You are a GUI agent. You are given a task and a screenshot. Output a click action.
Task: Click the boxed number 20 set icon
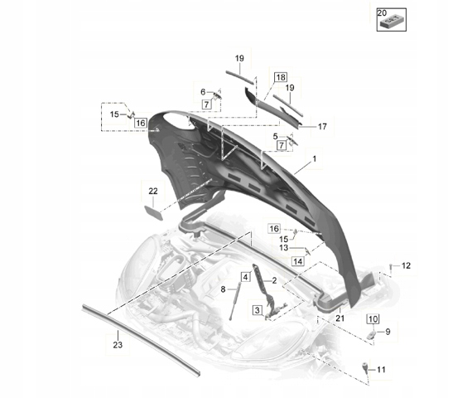pos(392,20)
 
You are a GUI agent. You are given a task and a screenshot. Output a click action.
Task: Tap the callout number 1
pos(315,158)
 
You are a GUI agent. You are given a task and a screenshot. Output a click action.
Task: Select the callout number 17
pos(322,127)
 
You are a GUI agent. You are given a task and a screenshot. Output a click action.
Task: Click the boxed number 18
pos(281,77)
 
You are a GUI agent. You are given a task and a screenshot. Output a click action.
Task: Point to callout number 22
pos(153,192)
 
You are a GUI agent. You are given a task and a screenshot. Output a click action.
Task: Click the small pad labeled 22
pos(154,212)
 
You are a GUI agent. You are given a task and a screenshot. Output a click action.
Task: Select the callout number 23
pos(118,345)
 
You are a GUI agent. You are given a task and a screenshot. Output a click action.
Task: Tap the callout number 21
pos(340,318)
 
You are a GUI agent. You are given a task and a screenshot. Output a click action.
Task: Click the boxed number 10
pos(373,318)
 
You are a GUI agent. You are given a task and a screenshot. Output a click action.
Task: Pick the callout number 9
pos(388,332)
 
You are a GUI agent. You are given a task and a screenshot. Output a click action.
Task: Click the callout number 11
pos(381,370)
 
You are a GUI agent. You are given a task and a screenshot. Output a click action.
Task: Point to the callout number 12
pos(406,265)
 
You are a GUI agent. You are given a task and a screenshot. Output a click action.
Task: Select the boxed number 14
pos(298,261)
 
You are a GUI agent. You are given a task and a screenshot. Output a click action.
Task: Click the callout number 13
pos(283,248)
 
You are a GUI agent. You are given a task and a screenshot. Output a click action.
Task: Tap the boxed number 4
pos(246,277)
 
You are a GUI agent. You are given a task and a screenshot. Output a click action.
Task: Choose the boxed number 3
pos(258,310)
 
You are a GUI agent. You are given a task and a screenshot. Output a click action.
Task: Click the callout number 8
pos(223,289)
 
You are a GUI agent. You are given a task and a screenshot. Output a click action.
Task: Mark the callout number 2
pos(274,281)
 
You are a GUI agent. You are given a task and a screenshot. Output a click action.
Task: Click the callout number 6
pos(203,92)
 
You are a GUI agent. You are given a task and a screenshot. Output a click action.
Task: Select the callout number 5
pos(275,137)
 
